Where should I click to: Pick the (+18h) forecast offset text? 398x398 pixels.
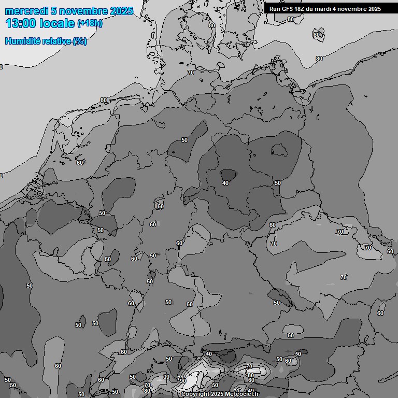click(90, 23)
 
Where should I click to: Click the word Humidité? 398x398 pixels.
click(22, 41)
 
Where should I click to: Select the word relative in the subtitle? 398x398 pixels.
click(56, 41)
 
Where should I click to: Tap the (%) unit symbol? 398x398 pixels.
click(80, 41)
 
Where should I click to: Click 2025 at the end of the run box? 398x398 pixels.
click(373, 9)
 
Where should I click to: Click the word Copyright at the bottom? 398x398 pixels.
click(197, 394)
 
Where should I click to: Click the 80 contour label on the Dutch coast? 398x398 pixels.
click(104, 100)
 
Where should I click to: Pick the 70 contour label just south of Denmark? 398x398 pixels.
click(191, 73)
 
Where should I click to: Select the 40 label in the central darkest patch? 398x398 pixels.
click(225, 183)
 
